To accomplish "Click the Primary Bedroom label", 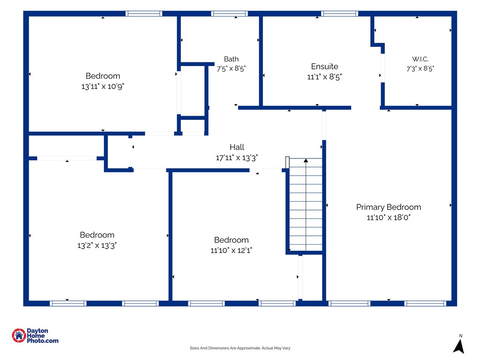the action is click(389, 207).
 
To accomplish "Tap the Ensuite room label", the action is click(324, 67).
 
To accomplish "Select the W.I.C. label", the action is click(420, 59).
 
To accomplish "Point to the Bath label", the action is click(231, 59).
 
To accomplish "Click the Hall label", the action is click(237, 147).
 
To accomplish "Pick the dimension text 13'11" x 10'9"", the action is click(103, 86).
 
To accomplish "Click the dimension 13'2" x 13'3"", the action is click(97, 246).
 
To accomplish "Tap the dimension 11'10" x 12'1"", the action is click(231, 250).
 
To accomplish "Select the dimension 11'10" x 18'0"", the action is click(389, 217).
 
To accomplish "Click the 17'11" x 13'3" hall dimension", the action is click(237, 157).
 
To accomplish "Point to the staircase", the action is click(306, 205).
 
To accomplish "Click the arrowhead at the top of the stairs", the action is click(306, 160).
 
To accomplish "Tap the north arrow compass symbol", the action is click(458, 346).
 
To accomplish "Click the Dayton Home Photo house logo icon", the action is click(19, 336).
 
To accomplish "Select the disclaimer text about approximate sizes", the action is click(240, 348).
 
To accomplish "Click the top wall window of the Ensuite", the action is click(339, 14).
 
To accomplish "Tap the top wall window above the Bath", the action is click(229, 14).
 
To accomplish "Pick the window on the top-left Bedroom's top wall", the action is click(144, 14).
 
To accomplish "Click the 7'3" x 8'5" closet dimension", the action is click(420, 68).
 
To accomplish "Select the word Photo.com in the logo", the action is click(43, 341).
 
